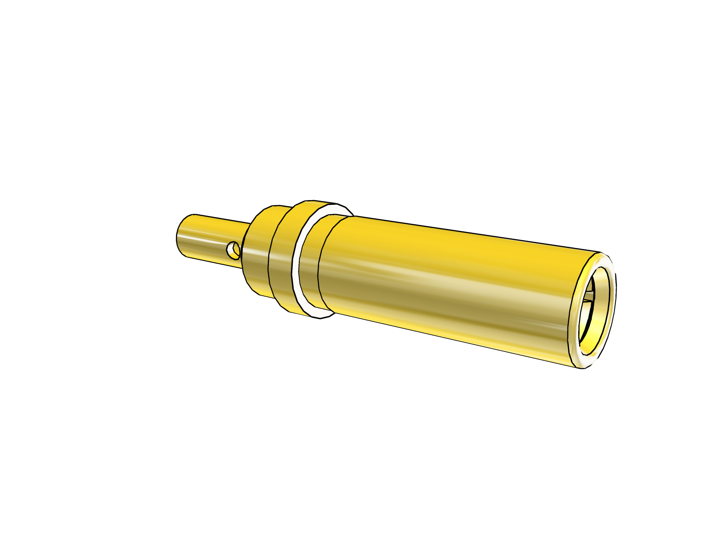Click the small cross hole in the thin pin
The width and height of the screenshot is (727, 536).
[234, 250]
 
